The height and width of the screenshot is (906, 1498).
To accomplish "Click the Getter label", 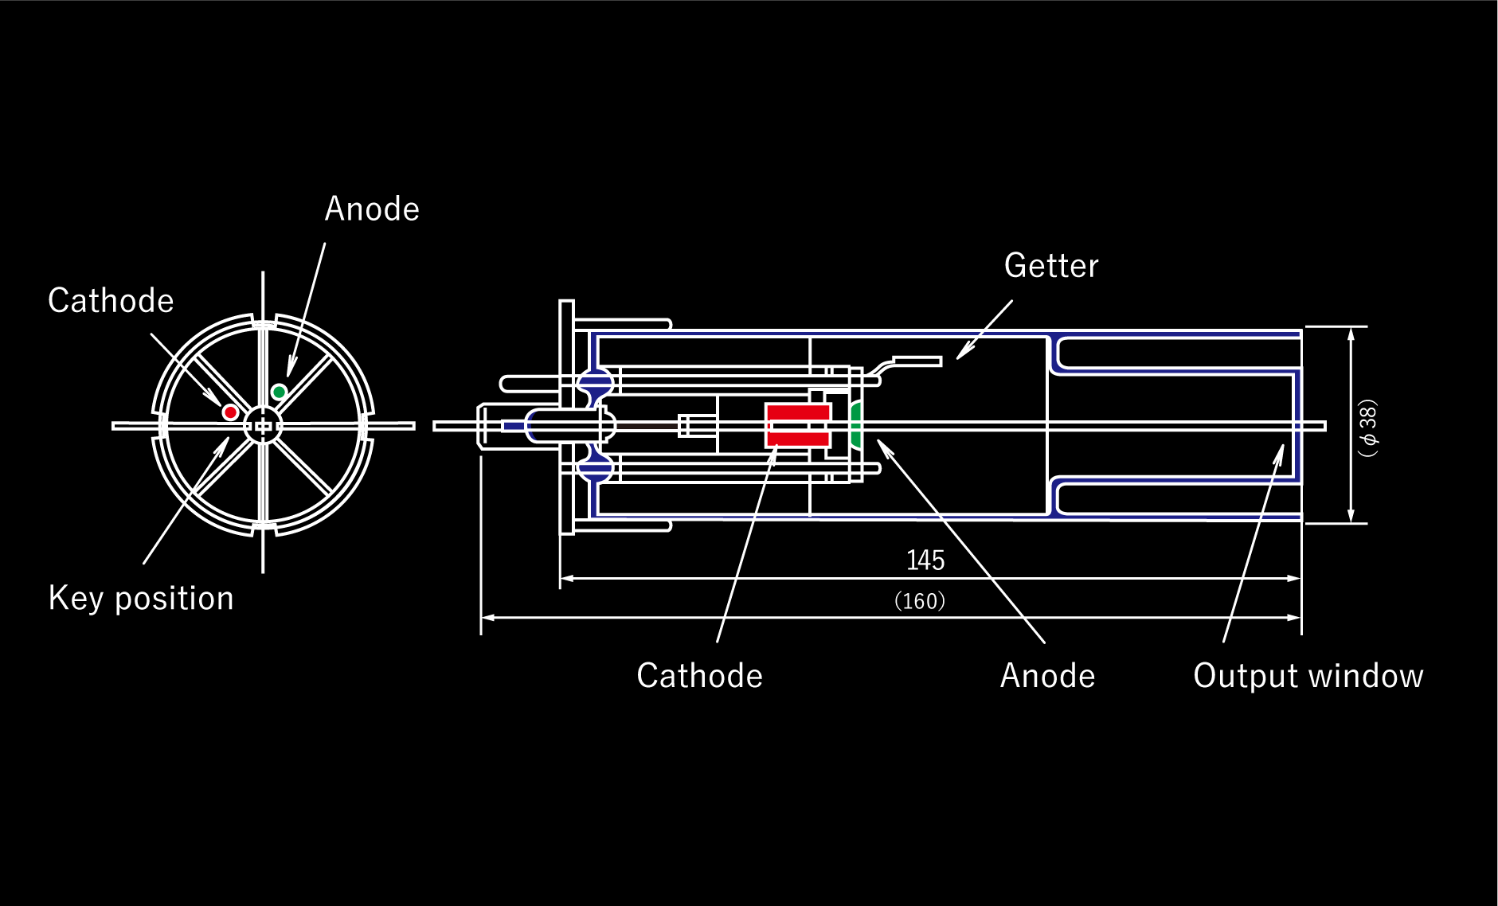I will (x=1051, y=266).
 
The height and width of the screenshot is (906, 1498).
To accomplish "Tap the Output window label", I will (x=1308, y=676).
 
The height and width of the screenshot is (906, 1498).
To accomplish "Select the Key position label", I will (x=141, y=599).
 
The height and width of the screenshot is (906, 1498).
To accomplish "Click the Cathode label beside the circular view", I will (x=111, y=301).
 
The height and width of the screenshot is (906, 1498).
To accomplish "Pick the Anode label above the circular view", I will (x=372, y=209).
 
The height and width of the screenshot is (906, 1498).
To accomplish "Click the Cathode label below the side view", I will (x=699, y=676).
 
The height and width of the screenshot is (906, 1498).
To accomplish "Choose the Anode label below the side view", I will (x=1047, y=676).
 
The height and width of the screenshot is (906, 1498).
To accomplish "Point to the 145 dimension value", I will (x=925, y=560).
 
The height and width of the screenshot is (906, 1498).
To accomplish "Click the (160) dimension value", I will (x=920, y=601).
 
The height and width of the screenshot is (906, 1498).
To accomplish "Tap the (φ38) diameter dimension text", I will (x=1368, y=428).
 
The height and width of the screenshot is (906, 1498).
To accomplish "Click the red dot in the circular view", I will (x=230, y=412).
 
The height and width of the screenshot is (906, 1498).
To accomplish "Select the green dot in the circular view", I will (x=279, y=392).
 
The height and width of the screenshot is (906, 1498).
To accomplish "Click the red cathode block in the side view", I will (x=797, y=425).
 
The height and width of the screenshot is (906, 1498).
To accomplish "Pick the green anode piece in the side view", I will (x=856, y=426).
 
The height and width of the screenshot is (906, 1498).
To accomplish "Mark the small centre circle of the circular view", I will (x=263, y=426).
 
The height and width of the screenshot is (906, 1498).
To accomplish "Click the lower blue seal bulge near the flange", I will (x=596, y=468).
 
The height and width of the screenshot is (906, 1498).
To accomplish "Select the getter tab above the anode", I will (x=916, y=361).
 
